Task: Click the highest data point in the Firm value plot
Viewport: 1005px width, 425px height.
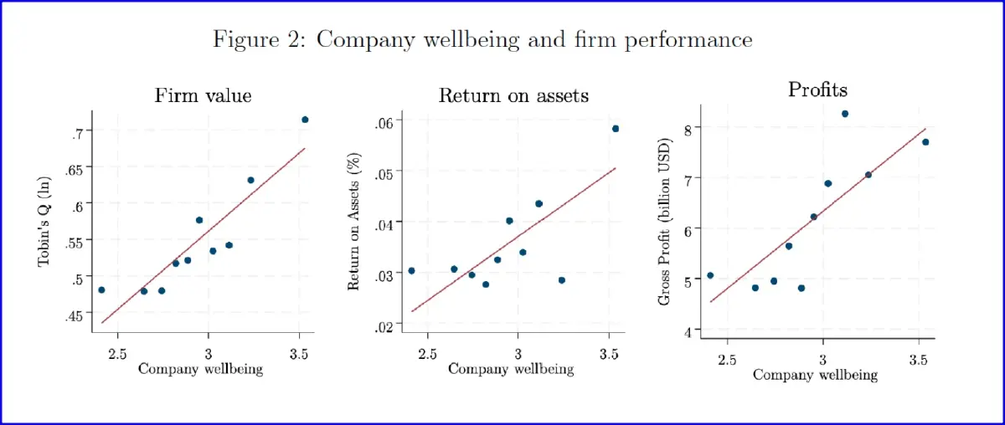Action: click(305, 120)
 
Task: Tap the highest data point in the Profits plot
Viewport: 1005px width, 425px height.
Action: click(845, 114)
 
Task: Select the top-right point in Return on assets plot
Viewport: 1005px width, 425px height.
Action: click(616, 128)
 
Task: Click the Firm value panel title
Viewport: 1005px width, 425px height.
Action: click(203, 95)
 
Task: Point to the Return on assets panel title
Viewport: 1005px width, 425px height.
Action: click(513, 95)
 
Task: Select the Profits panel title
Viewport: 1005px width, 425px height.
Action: click(817, 89)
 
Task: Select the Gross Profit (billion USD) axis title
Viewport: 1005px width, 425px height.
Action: click(665, 229)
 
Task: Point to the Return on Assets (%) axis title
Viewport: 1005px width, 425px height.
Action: click(353, 223)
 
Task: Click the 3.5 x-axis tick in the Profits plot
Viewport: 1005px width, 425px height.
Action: click(918, 360)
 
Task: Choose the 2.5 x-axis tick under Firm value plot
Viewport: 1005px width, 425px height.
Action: click(117, 354)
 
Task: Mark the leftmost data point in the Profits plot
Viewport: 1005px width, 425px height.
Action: click(710, 275)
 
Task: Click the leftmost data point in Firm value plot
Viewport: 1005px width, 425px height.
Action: click(101, 289)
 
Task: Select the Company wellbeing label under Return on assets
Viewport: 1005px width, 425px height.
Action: click(511, 368)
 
